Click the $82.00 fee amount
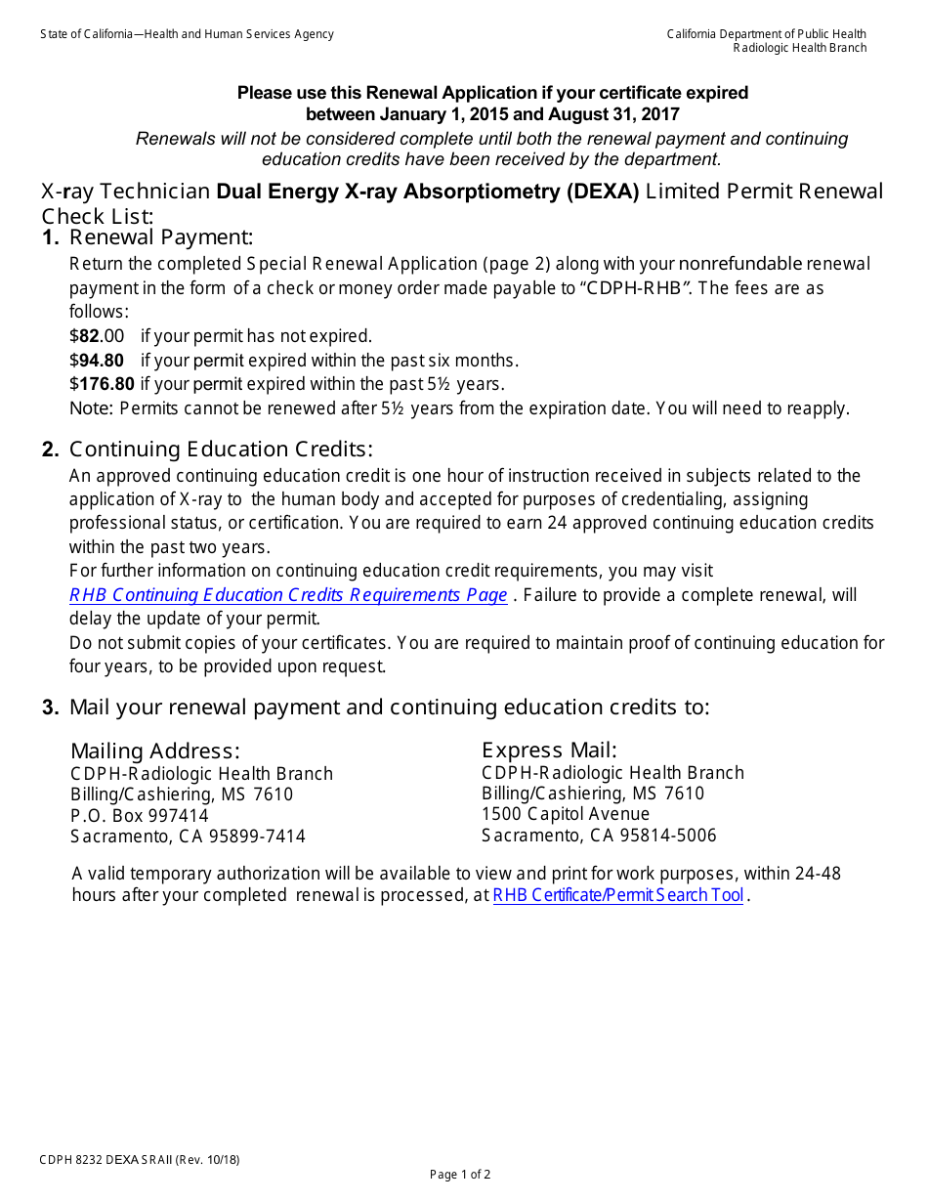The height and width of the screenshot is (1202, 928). [x=97, y=336]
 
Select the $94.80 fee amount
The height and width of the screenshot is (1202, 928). [x=97, y=360]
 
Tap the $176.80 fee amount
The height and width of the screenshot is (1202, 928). [x=102, y=384]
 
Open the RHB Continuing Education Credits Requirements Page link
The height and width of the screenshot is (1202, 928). [x=288, y=595]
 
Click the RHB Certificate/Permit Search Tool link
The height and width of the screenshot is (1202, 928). [x=617, y=895]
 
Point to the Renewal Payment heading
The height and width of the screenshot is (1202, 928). [x=161, y=237]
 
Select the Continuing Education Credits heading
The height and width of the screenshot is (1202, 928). [x=221, y=450]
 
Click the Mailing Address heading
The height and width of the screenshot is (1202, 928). [x=154, y=751]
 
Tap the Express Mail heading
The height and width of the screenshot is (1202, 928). [x=549, y=750]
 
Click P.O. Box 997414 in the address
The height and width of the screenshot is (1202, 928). [x=139, y=815]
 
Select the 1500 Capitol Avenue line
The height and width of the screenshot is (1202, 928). [x=566, y=814]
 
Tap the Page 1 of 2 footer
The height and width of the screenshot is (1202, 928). [x=460, y=1175]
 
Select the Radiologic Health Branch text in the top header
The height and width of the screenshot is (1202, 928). [x=800, y=48]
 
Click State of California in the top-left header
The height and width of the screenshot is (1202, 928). [x=85, y=34]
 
